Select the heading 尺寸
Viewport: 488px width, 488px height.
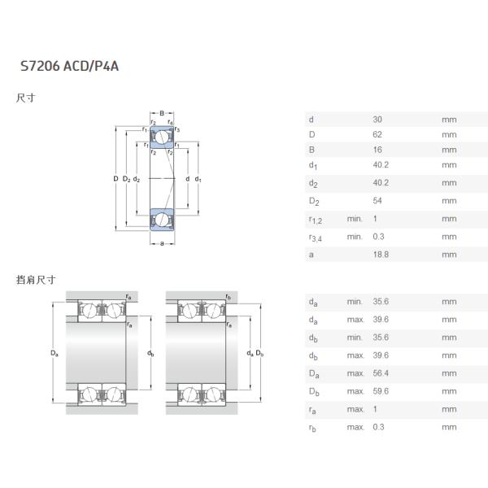pos(25,98)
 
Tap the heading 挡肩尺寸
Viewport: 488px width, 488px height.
pos(36,279)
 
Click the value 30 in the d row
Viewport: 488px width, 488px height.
pos(377,120)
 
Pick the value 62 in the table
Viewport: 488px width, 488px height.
pos(377,135)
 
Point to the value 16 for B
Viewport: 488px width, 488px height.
pos(377,150)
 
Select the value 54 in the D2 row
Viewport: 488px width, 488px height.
pos(377,201)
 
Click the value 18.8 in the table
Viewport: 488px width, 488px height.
pos(380,254)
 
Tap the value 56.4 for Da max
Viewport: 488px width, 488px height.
pos(380,373)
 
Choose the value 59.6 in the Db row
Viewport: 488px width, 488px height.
pos(380,391)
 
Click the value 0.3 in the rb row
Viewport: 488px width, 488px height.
pos(379,427)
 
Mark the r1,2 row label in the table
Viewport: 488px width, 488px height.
pos(316,220)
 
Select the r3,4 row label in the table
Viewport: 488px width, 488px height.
pos(316,237)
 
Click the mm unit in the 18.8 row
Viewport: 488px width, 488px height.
pos(449,254)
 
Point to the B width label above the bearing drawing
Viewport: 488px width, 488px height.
pos(163,113)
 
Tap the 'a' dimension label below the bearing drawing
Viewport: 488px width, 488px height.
pos(163,242)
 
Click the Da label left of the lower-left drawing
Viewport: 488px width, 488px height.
pos(54,353)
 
